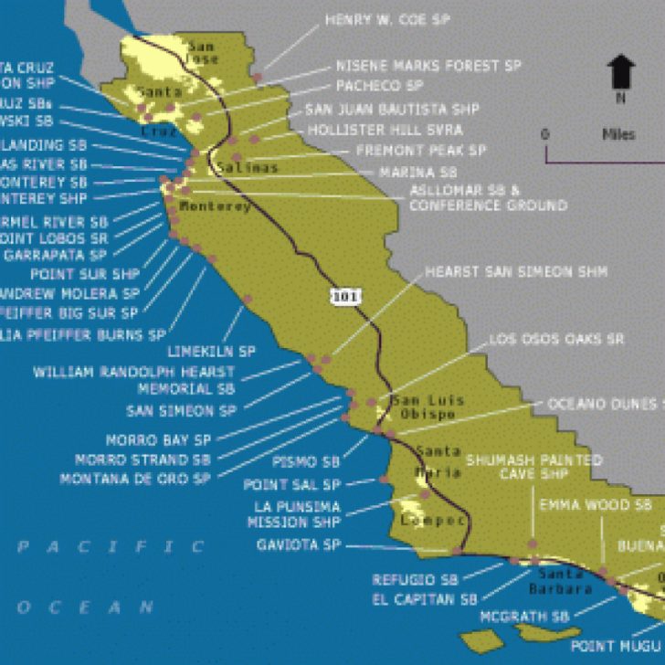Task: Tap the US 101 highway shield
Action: coord(341,296)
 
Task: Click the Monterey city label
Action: coord(215,206)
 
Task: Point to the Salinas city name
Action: coord(247,167)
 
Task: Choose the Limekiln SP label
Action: coord(212,351)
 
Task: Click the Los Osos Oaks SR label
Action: coord(556,339)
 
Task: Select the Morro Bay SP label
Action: coord(158,440)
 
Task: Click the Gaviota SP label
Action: coord(299,545)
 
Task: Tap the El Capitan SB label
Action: coord(424,599)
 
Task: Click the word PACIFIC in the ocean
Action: coord(111,547)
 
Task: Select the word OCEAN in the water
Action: coord(97,607)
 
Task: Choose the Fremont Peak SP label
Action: coord(421,150)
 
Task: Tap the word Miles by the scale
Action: coord(618,134)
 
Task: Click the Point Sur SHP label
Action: coord(83,274)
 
